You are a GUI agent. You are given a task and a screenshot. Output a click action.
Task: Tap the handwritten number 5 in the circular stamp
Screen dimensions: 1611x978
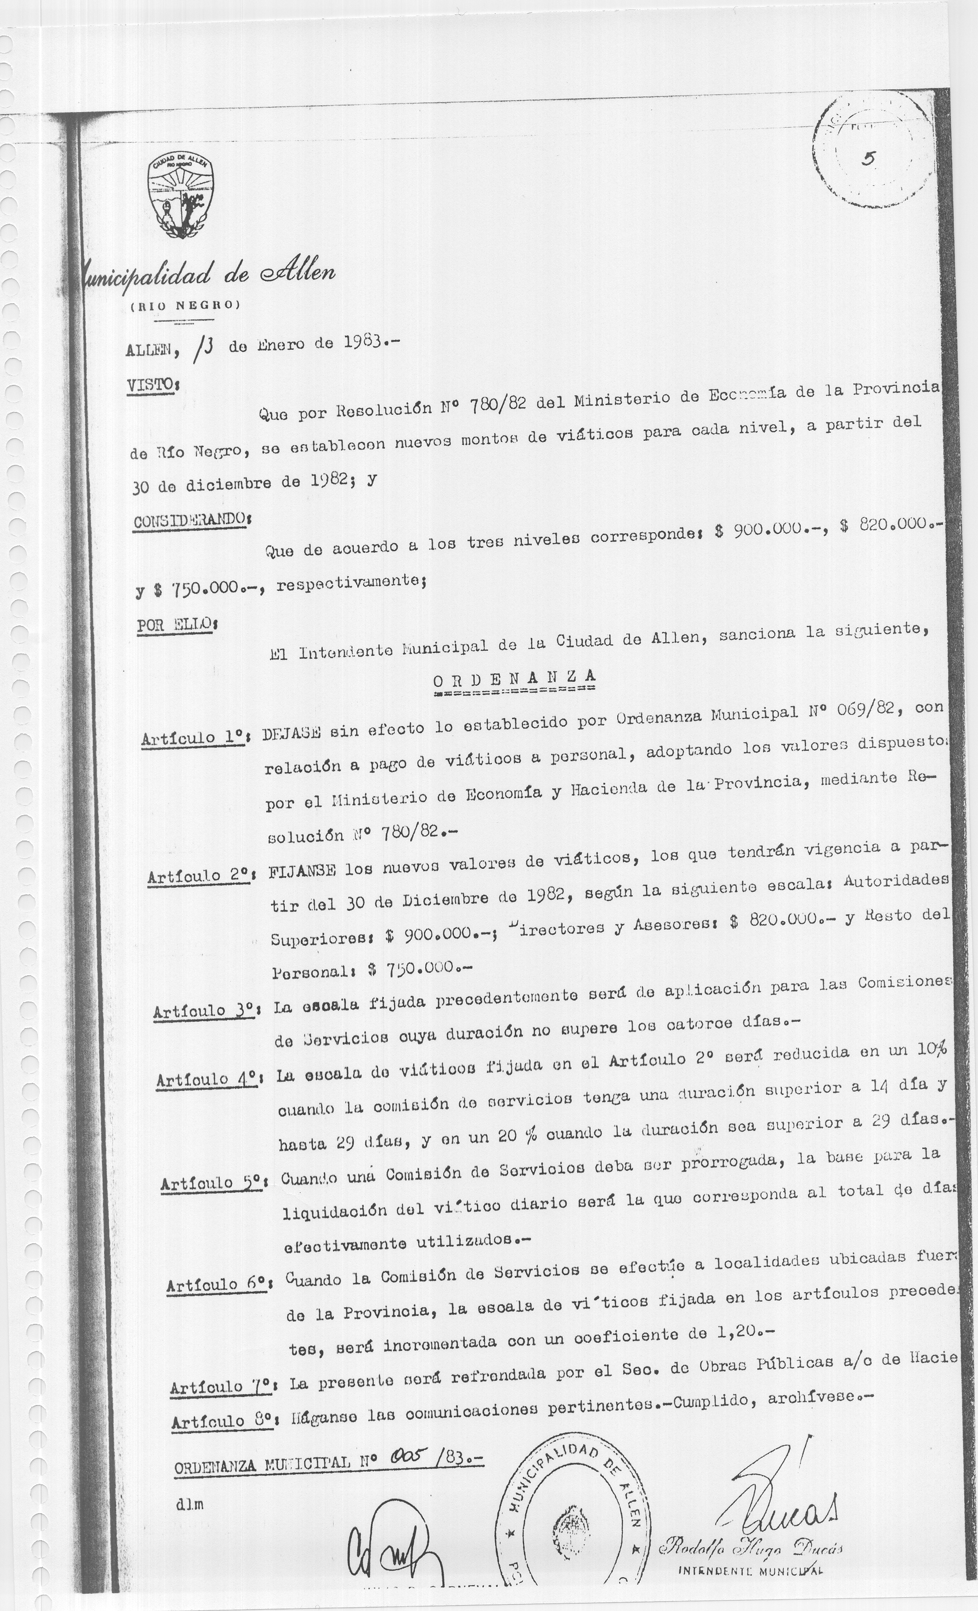click(x=868, y=159)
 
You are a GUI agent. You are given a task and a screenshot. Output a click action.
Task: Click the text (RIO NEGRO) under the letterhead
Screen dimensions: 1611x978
click(x=181, y=306)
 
